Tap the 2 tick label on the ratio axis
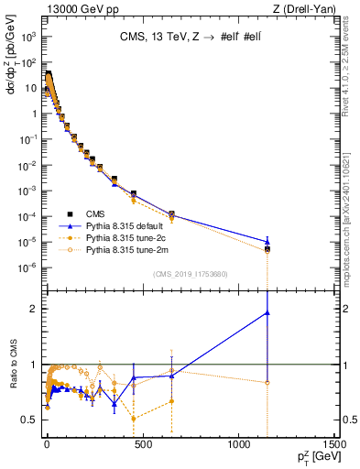(x=32, y=309)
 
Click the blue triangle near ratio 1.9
(x=267, y=312)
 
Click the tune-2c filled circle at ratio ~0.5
(x=134, y=419)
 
